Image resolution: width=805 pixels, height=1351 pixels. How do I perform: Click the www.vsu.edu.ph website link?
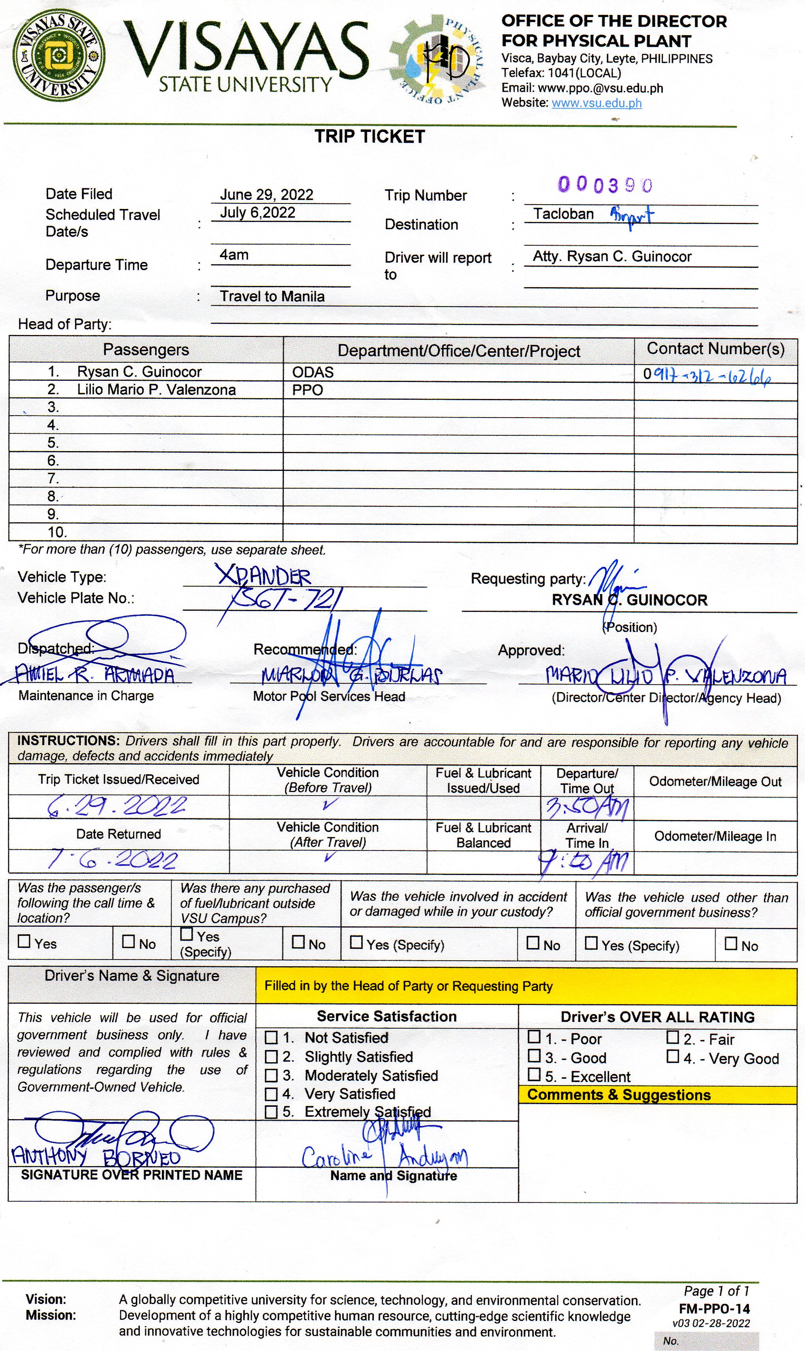pos(596,103)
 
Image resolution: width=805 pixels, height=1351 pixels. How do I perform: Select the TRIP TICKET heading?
pos(370,137)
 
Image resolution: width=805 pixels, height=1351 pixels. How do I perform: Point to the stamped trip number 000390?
pos(605,185)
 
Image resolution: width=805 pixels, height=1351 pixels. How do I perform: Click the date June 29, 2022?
pos(266,195)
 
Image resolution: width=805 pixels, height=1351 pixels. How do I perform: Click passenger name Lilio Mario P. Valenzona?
pos(156,390)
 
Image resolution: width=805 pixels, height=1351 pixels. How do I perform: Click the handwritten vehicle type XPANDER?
pos(264,576)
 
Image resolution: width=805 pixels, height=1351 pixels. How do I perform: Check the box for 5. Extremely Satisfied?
pos(271,1112)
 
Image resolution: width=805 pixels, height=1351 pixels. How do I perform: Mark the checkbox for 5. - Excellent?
pos(534,1075)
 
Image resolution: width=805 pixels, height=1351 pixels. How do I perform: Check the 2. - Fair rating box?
pos(673,1037)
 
